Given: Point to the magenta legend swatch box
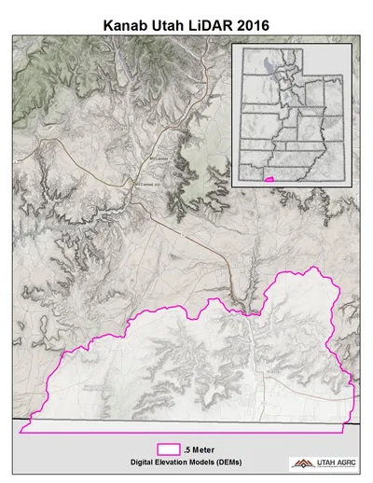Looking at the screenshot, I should click(169, 448).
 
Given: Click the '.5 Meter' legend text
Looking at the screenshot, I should click(200, 449).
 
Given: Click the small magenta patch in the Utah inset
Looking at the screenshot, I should click(269, 176).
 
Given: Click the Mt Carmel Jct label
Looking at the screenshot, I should click(148, 184).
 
